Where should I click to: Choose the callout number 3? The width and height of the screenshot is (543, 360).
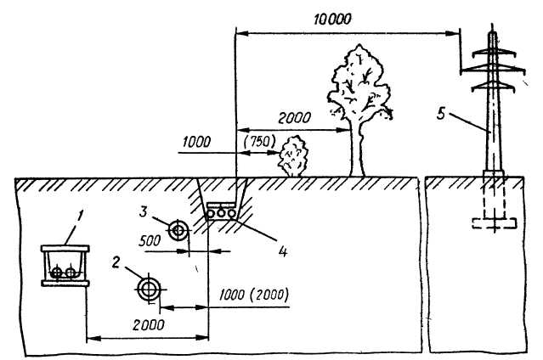(x=146, y=210)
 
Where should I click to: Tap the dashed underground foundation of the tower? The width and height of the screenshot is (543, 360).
(x=492, y=212)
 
